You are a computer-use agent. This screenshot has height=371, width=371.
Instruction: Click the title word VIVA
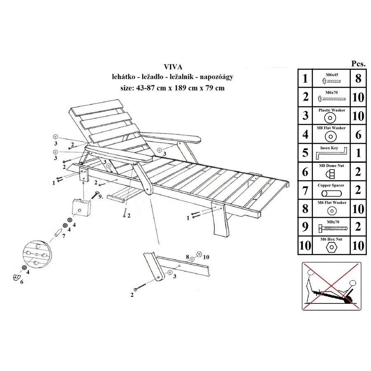click(x=173, y=67)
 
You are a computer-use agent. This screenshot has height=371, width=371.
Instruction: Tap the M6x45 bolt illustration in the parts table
click(x=331, y=81)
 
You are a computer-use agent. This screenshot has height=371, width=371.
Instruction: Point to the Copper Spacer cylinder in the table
click(x=331, y=194)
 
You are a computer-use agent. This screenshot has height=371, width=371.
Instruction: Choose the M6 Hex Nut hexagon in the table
click(x=331, y=247)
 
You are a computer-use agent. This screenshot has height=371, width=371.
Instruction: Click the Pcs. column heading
click(x=358, y=63)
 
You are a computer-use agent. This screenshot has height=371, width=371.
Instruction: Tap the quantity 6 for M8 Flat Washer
click(x=358, y=135)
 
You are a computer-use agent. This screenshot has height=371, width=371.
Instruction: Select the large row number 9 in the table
click(x=305, y=227)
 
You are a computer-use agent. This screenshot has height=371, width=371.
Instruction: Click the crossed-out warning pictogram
click(x=331, y=286)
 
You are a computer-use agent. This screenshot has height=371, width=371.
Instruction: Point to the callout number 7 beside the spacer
click(x=63, y=236)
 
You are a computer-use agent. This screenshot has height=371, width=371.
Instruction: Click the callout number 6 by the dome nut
click(x=22, y=282)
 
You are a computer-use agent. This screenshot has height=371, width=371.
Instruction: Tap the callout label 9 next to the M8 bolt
click(x=101, y=196)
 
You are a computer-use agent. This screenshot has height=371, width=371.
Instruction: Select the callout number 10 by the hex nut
click(x=206, y=257)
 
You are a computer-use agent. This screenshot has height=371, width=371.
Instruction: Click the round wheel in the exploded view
click(x=37, y=254)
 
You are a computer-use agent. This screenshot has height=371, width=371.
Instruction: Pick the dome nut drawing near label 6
click(x=16, y=277)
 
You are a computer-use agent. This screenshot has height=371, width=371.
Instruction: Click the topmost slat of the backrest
click(x=97, y=108)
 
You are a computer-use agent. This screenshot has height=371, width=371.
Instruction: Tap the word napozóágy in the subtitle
click(x=216, y=77)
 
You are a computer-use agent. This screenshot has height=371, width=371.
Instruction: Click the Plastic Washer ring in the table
click(x=330, y=118)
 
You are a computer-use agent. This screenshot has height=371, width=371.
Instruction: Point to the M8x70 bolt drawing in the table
click(x=333, y=228)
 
